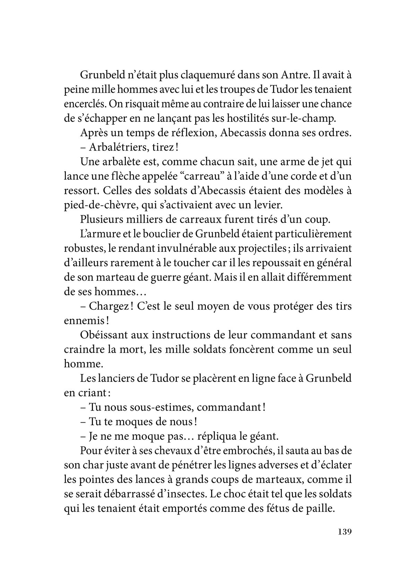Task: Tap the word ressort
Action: coord(81,191)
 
